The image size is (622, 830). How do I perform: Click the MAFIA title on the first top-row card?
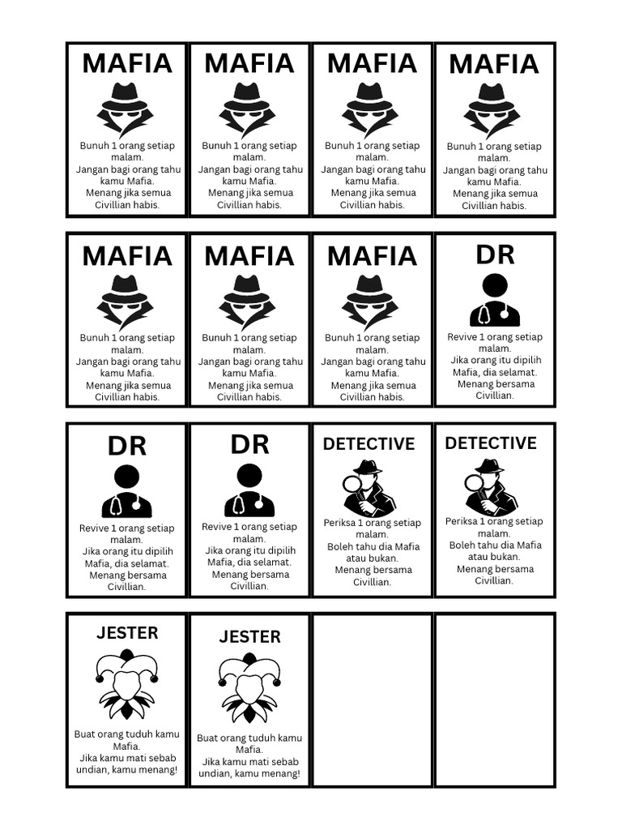click(127, 63)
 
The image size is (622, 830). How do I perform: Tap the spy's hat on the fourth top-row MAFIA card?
click(493, 96)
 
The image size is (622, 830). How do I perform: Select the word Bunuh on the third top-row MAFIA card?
click(339, 146)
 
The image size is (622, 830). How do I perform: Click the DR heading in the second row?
click(495, 255)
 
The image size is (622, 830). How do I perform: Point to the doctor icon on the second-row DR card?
click(495, 301)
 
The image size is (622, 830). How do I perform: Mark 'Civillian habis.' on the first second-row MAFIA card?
click(127, 397)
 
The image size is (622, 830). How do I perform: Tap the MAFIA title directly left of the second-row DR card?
click(372, 256)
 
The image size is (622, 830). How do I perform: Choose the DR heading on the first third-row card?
click(127, 446)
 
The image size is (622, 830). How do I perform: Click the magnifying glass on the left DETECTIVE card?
click(353, 485)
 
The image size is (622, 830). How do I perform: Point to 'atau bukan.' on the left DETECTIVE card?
click(373, 558)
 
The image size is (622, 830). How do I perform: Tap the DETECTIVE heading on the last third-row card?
click(491, 443)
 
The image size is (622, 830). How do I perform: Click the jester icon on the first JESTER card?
click(127, 685)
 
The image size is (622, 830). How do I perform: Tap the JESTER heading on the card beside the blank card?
click(249, 637)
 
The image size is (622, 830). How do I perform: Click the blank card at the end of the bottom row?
click(495, 700)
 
